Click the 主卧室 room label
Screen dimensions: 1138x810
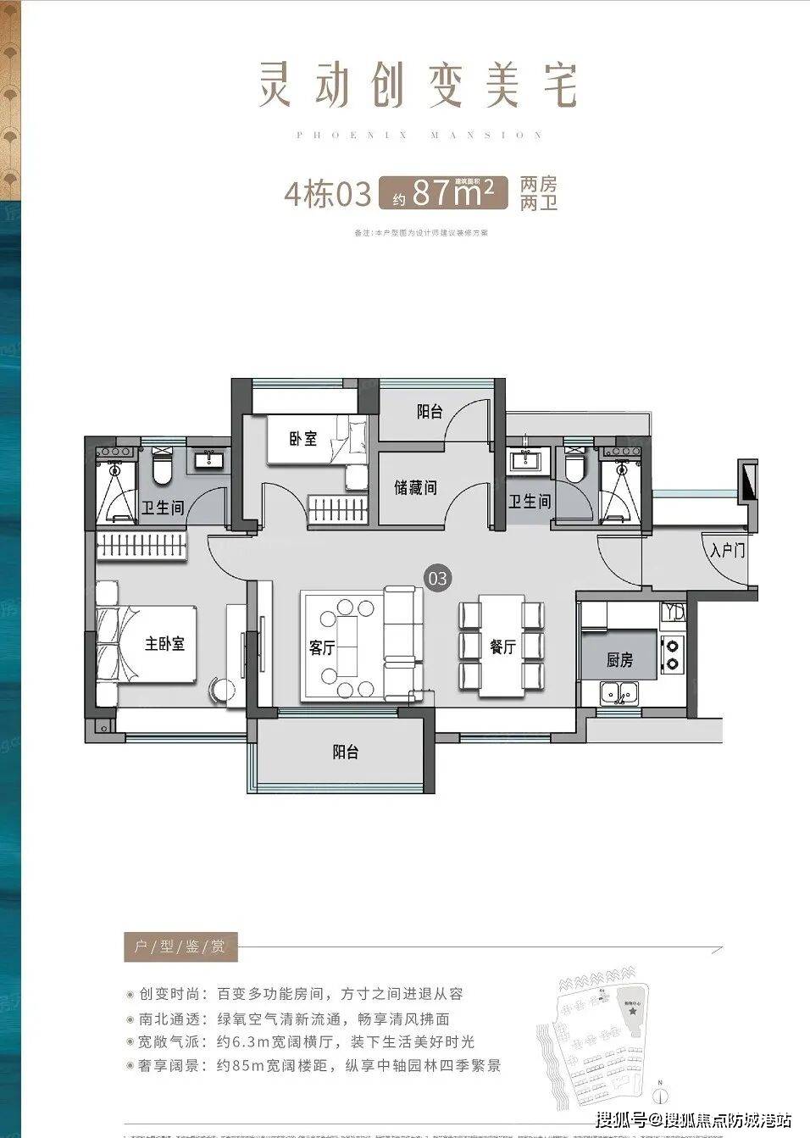tap(164, 644)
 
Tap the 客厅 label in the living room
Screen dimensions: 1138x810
tap(322, 648)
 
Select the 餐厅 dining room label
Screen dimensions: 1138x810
tap(502, 647)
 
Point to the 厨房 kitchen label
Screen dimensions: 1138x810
tap(619, 660)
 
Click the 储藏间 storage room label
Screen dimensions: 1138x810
tap(415, 488)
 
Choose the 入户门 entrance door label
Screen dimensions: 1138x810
tap(727, 552)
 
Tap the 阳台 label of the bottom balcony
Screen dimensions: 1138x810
tap(345, 752)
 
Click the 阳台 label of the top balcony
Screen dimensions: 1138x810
tap(430, 412)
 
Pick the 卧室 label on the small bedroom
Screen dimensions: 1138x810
tap(302, 439)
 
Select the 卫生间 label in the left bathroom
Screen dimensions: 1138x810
tap(163, 508)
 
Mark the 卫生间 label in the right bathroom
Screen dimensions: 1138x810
tap(530, 502)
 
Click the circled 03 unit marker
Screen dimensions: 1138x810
tap(438, 580)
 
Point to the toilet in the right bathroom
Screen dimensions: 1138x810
tap(574, 464)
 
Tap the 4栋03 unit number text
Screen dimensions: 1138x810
tap(328, 195)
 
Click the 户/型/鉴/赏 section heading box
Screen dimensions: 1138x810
tap(180, 946)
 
